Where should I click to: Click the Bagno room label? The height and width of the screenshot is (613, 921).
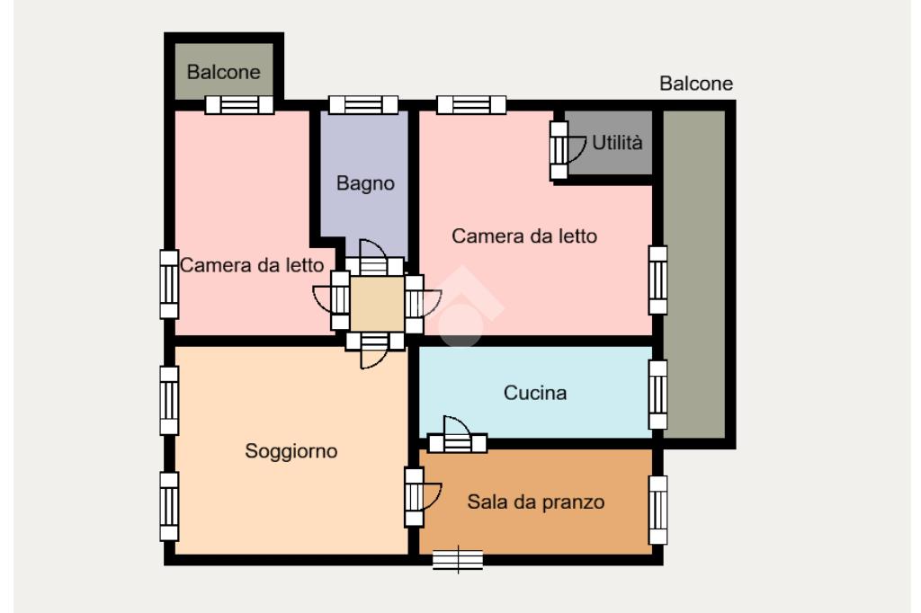point(365,183)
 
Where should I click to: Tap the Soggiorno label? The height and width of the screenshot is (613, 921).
point(291,451)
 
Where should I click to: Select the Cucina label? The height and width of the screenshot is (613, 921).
point(534,392)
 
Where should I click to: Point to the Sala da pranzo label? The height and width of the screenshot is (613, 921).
point(536,502)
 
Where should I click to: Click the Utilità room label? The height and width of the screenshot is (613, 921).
point(617,142)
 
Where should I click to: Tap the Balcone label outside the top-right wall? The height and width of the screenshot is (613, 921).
point(696,84)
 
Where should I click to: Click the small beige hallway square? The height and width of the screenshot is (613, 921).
point(377,304)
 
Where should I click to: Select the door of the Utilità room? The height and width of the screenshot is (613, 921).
point(567,150)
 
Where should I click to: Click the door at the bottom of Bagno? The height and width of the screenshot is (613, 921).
point(373,258)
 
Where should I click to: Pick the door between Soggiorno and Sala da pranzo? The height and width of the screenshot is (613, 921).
point(422,497)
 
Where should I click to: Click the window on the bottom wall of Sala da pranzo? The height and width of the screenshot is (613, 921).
point(458,560)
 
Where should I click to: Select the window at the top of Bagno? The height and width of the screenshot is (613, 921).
point(363,105)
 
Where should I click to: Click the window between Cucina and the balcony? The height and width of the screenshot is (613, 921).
point(657,395)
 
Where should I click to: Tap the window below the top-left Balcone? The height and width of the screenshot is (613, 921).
point(239,105)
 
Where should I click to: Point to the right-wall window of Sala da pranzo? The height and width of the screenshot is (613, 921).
point(657,511)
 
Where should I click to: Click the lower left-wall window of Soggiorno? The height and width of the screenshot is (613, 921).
point(169,506)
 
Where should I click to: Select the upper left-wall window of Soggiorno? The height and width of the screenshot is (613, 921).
point(169,401)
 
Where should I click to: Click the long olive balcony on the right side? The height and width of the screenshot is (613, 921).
point(694,274)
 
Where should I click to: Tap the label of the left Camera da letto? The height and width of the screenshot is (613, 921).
point(252,265)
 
